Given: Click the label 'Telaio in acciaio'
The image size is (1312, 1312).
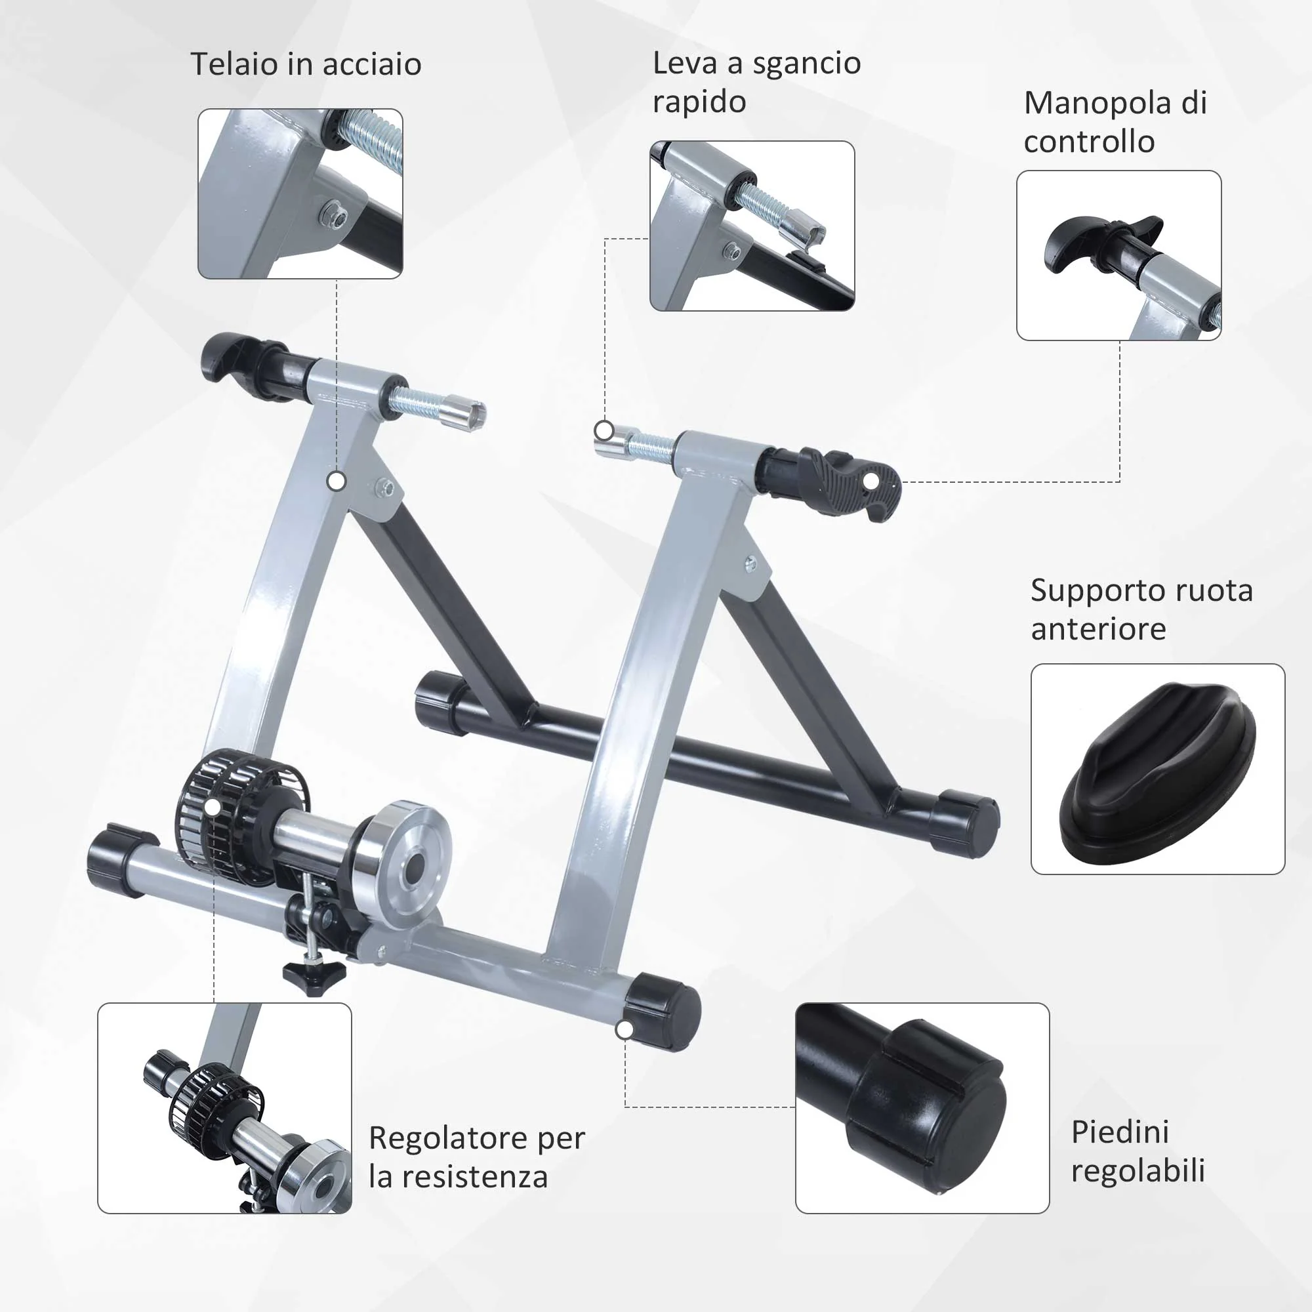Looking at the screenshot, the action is [306, 64].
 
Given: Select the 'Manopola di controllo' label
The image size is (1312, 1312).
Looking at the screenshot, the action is [1115, 122].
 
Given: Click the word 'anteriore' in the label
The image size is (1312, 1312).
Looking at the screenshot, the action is [1098, 629].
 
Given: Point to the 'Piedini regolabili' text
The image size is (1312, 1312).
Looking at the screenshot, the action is [1138, 1151].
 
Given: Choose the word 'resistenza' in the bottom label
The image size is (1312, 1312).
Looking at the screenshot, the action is [475, 1177].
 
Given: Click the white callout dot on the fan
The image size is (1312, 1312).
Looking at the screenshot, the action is [213, 808].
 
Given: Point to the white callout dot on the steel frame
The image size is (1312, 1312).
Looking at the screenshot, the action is [336, 482].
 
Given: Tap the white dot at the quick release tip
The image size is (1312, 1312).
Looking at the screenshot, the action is [604, 430].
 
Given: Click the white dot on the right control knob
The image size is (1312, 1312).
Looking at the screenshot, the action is [870, 482].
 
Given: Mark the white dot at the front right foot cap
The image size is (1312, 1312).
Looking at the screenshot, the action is [625, 1029].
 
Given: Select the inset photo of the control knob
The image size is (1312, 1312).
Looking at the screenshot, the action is [1118, 255].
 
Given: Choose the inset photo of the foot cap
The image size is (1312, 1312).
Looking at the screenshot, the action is [922, 1108].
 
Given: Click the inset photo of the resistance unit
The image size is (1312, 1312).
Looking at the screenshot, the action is [225, 1108].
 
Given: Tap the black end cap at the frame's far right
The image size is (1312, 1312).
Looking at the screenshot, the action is [964, 822].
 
